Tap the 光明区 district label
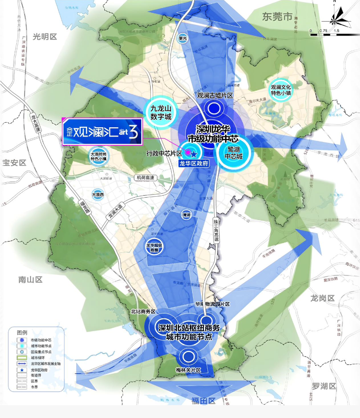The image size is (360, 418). [x=45, y=36]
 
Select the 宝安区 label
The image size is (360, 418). [x=14, y=162]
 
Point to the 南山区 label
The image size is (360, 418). [x=31, y=279]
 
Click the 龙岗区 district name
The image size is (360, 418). [x=323, y=298]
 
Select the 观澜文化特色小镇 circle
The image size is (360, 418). [x=281, y=89]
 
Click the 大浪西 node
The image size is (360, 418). [x=98, y=195]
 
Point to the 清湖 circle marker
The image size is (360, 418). [x=186, y=216]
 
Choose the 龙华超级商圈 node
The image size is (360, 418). [x=154, y=246]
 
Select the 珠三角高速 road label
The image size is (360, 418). [x=216, y=230]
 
